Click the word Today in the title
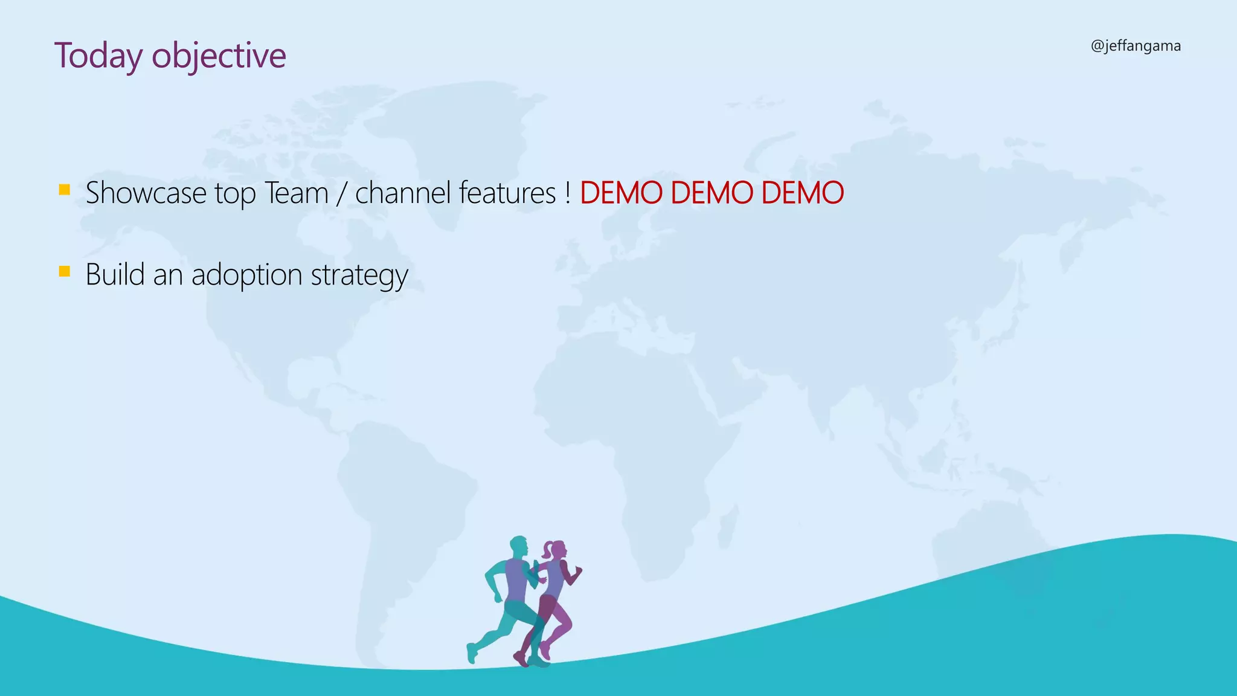click(x=98, y=56)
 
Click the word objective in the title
click(x=219, y=56)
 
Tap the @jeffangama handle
click(x=1136, y=46)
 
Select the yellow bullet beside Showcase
click(x=65, y=190)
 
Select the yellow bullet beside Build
click(x=65, y=271)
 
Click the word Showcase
click(x=146, y=193)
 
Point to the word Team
click(x=296, y=193)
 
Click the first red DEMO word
click(x=622, y=193)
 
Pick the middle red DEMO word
click(x=712, y=193)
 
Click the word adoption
click(x=247, y=275)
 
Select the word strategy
click(x=359, y=275)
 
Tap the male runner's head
click(x=519, y=546)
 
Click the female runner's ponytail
click(x=547, y=550)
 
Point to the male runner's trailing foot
click(x=472, y=654)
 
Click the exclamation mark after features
click(x=568, y=193)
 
